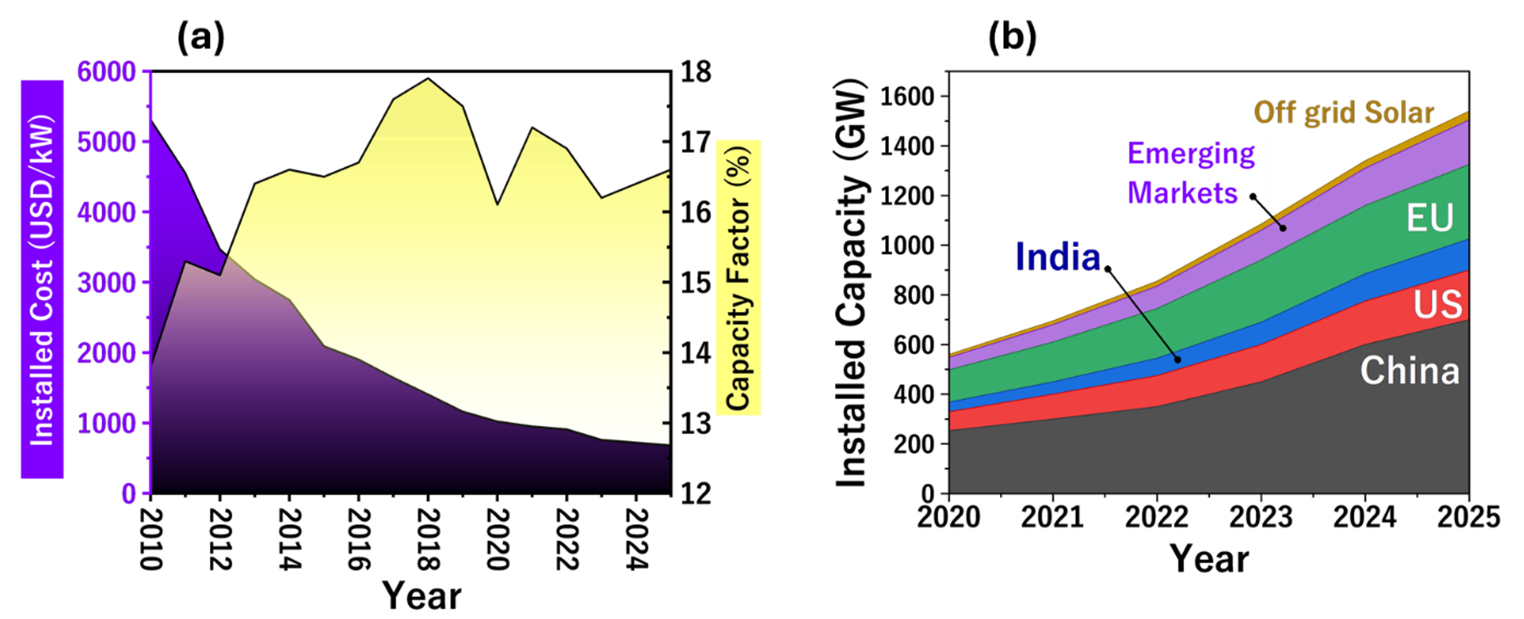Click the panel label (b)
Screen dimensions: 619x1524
click(1012, 37)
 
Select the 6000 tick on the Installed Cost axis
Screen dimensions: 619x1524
click(107, 72)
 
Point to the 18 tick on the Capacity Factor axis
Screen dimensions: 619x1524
click(696, 72)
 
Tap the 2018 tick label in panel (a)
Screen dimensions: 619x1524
click(428, 539)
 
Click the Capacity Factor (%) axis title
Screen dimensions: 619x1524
click(738, 278)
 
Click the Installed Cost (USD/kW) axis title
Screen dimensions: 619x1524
click(42, 279)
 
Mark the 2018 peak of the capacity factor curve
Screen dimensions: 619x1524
click(428, 79)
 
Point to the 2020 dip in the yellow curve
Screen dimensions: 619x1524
click(497, 204)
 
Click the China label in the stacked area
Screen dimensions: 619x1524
click(1409, 371)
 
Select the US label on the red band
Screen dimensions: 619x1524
click(1437, 305)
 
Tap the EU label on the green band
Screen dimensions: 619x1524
click(1429, 218)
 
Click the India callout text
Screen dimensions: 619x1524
click(1058, 257)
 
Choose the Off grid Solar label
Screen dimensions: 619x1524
click(1344, 113)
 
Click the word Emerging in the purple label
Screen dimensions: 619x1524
click(1190, 153)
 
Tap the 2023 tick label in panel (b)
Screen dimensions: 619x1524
click(1260, 518)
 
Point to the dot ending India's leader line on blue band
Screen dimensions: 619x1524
click(1178, 360)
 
